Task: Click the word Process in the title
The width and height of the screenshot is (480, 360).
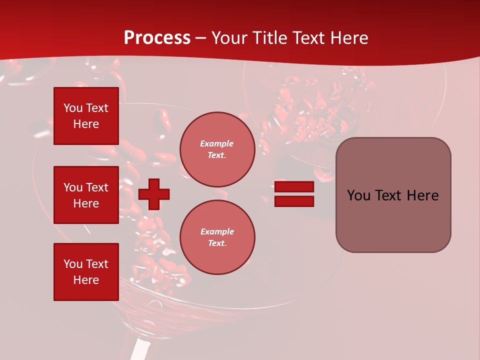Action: coord(157,38)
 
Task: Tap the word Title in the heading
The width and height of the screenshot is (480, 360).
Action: coord(269,38)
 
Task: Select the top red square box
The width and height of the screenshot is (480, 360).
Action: coord(86,116)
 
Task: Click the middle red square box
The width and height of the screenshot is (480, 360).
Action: coord(86,195)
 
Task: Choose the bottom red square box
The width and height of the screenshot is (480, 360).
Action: coord(86,272)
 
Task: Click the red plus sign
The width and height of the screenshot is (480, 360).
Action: coord(154,194)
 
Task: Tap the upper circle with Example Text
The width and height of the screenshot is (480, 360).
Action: coord(217,149)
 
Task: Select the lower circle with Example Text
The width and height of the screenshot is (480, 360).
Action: coord(217,237)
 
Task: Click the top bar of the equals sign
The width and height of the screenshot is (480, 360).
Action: coord(294,187)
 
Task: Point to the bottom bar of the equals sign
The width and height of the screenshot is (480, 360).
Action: coord(294,201)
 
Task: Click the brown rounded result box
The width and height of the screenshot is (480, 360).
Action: coord(393,195)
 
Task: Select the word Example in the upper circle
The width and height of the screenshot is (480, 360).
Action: coord(217,144)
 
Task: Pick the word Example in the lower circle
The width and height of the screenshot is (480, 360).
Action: coord(217,232)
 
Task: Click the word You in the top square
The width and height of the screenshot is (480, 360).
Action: coord(73,108)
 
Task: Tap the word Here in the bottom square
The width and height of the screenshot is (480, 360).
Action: coord(86,280)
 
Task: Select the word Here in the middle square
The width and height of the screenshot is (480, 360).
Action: coord(86,203)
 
